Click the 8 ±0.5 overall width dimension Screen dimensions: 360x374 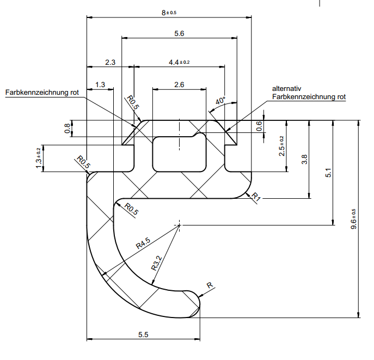tap(169, 12)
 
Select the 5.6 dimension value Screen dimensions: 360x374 tap(179, 33)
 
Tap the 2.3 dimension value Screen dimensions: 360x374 tap(110, 63)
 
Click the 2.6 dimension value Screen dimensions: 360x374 tap(179, 84)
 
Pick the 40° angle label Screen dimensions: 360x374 tap(220, 101)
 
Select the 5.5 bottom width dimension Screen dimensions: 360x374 tap(143, 334)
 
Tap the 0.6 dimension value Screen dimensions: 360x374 tap(259, 126)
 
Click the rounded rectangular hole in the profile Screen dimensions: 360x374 tap(180, 154)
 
